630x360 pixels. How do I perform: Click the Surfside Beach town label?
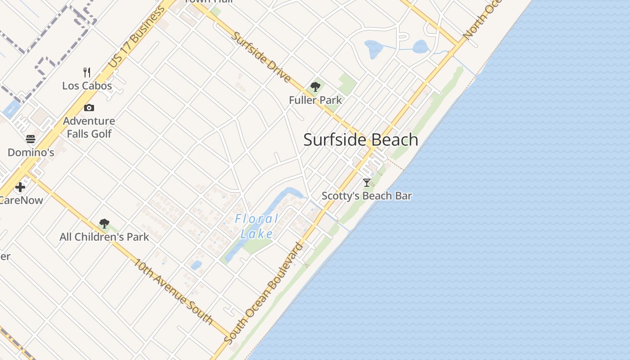point(361,139)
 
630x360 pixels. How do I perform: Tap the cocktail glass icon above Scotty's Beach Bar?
point(367,182)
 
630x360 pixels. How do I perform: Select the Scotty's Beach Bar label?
point(367,196)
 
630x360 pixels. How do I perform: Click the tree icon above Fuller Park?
point(315,87)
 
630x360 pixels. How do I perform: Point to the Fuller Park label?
point(315,100)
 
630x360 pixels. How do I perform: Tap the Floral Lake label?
point(257,226)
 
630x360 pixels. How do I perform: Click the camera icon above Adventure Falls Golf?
point(89,108)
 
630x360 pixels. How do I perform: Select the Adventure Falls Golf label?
point(89,127)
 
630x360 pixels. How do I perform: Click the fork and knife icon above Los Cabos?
point(87,72)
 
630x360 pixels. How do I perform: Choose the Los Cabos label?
point(87,85)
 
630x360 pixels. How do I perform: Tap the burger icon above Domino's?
point(31,139)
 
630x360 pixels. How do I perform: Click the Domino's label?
point(31,152)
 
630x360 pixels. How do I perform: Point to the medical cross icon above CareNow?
point(20,187)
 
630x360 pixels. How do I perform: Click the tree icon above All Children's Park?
point(104,223)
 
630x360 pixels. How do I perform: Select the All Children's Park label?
point(104,237)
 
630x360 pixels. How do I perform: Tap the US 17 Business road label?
point(137,37)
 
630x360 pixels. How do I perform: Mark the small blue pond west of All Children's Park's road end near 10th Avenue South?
point(196,265)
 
